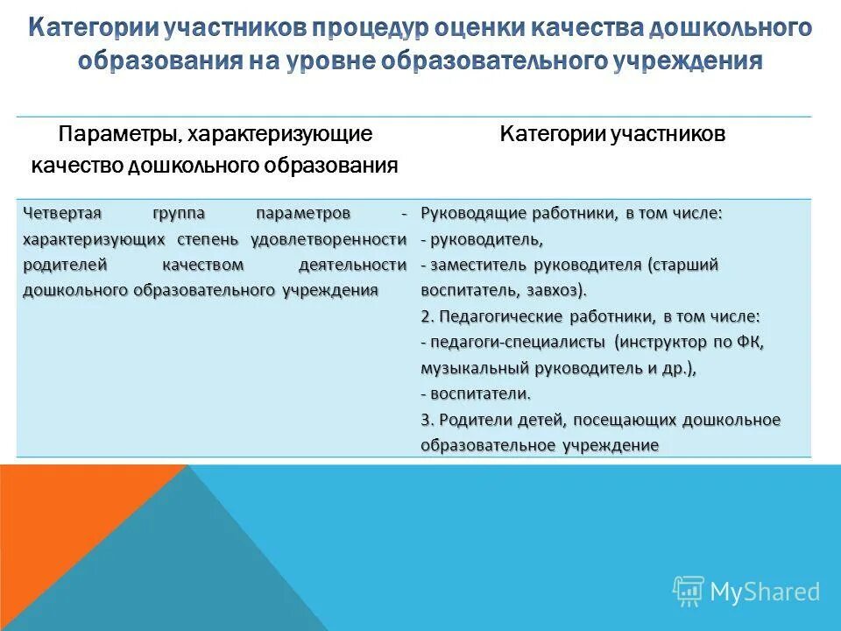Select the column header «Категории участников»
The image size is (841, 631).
coord(612,134)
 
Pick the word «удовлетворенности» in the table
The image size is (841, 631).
coord(329,239)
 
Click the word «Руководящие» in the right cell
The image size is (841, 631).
coord(469,214)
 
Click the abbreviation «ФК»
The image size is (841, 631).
coord(753,343)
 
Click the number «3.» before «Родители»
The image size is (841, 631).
coord(426,420)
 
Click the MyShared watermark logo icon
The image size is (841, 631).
coord(688,592)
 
